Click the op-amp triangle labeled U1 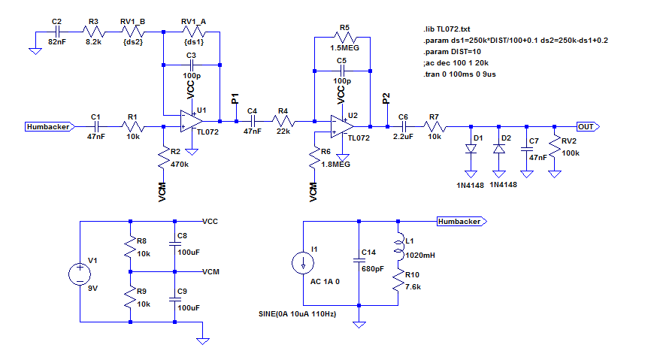190,121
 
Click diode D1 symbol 471,148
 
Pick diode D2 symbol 498,148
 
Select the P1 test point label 235,98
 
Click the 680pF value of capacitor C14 374,268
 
